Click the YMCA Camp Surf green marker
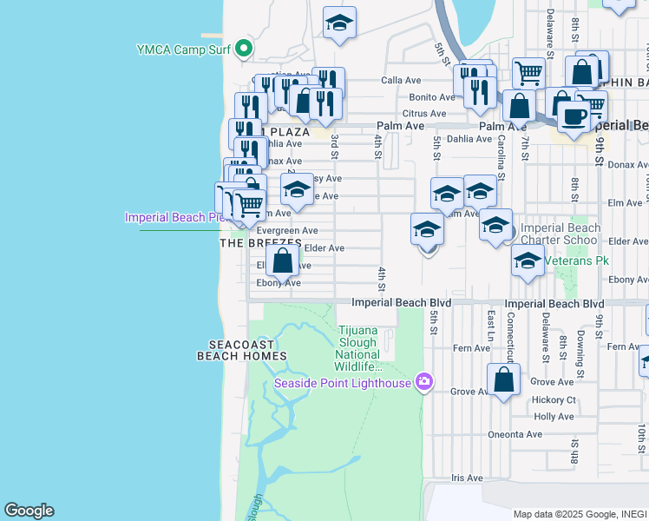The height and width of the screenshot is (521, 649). click(245, 49)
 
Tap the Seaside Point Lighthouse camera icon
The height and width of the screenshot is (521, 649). click(424, 381)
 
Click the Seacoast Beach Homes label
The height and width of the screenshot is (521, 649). click(235, 350)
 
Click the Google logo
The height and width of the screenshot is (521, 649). click(29, 511)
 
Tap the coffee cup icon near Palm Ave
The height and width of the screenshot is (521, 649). click(573, 116)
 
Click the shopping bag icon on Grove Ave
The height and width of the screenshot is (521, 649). click(503, 380)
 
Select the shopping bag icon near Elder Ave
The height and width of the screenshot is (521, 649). click(283, 260)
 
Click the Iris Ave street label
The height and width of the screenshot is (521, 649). click(466, 478)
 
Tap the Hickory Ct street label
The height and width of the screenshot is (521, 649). click(554, 399)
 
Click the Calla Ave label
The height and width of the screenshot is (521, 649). click(401, 81)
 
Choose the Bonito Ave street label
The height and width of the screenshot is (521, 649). click(432, 97)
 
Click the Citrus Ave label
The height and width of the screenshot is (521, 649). click(423, 114)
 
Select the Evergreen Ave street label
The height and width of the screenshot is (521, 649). click(285, 230)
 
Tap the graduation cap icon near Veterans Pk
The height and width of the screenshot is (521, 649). click(528, 260)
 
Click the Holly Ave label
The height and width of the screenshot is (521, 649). click(554, 417)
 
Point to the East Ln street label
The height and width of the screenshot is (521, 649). click(491, 326)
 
